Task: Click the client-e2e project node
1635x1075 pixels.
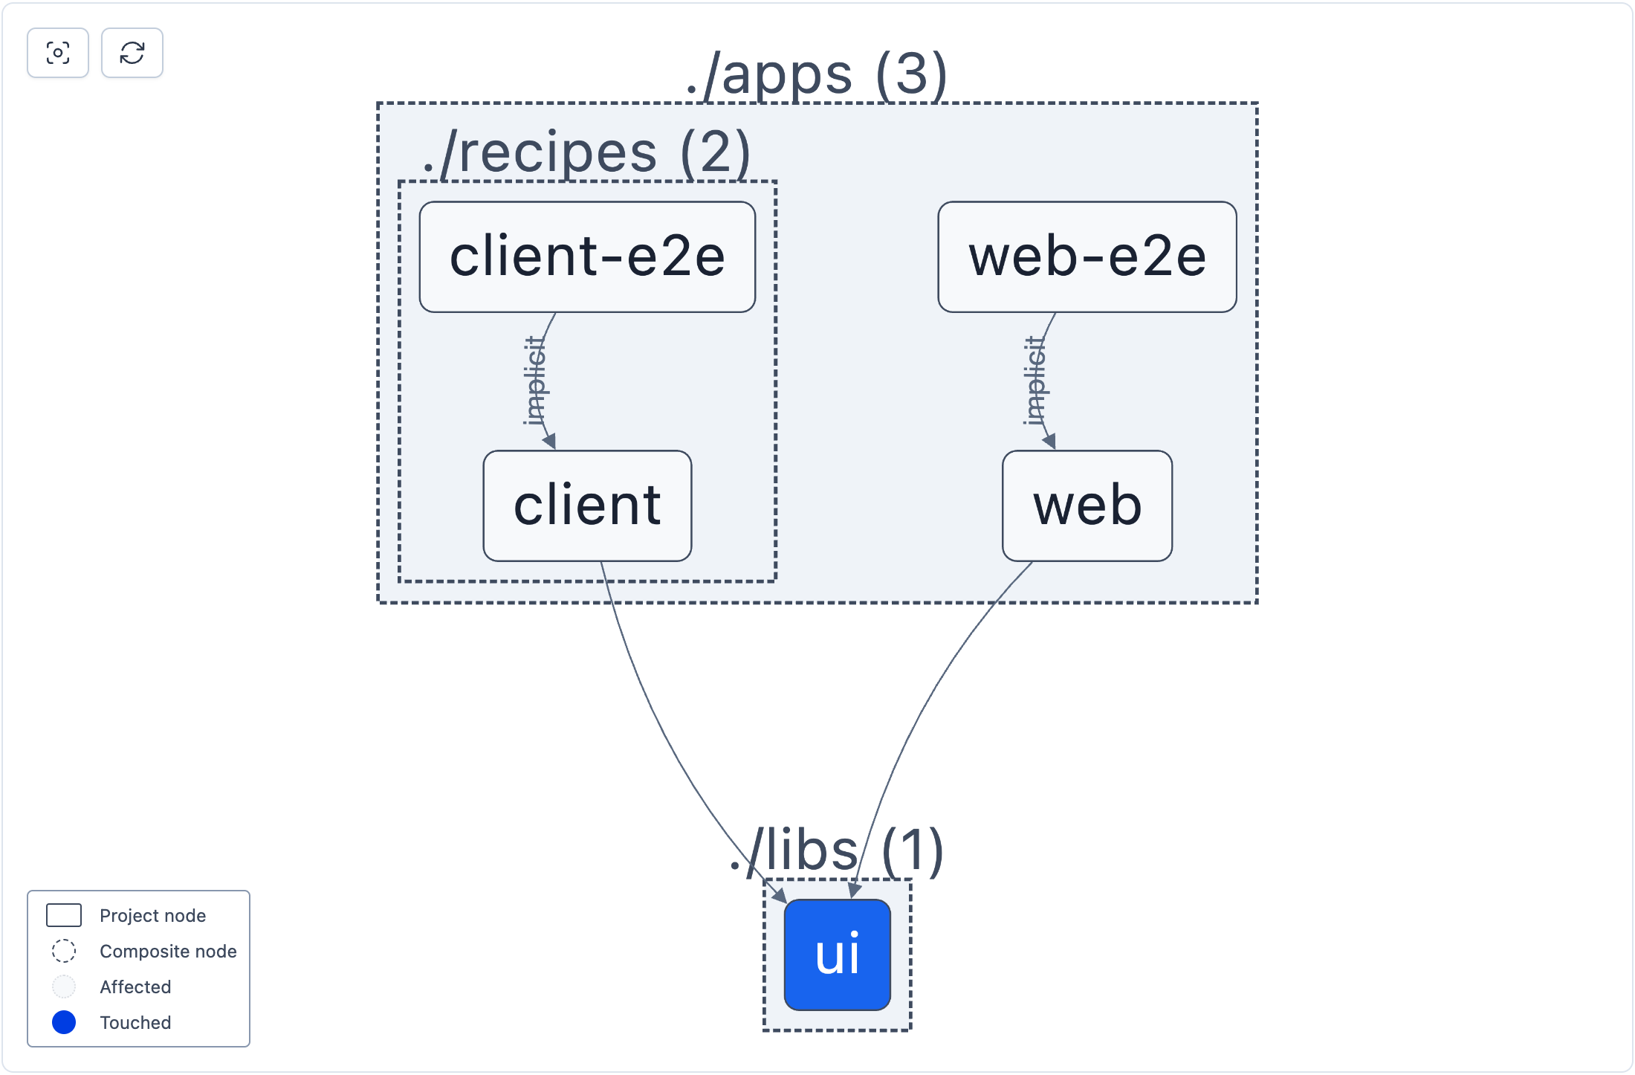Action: pos(587,256)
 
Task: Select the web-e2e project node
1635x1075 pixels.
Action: pos(1087,256)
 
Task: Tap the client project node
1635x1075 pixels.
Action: pos(587,506)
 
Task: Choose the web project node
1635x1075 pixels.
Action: pos(1087,506)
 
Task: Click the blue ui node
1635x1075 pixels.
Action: pos(837,955)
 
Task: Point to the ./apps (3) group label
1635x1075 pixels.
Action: pos(816,74)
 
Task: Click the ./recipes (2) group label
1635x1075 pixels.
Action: pos(586,152)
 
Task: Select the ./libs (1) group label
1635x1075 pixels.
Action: pos(837,850)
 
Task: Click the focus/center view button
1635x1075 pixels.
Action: pos(58,53)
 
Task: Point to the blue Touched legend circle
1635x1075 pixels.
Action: pos(64,1022)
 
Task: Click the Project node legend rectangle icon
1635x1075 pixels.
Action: pos(64,915)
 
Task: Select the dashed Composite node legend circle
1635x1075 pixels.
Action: pos(64,951)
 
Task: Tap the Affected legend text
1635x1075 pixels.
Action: pos(135,987)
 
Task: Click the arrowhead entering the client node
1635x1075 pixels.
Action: pos(550,442)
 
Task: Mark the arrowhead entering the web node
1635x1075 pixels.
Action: pos(1049,442)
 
